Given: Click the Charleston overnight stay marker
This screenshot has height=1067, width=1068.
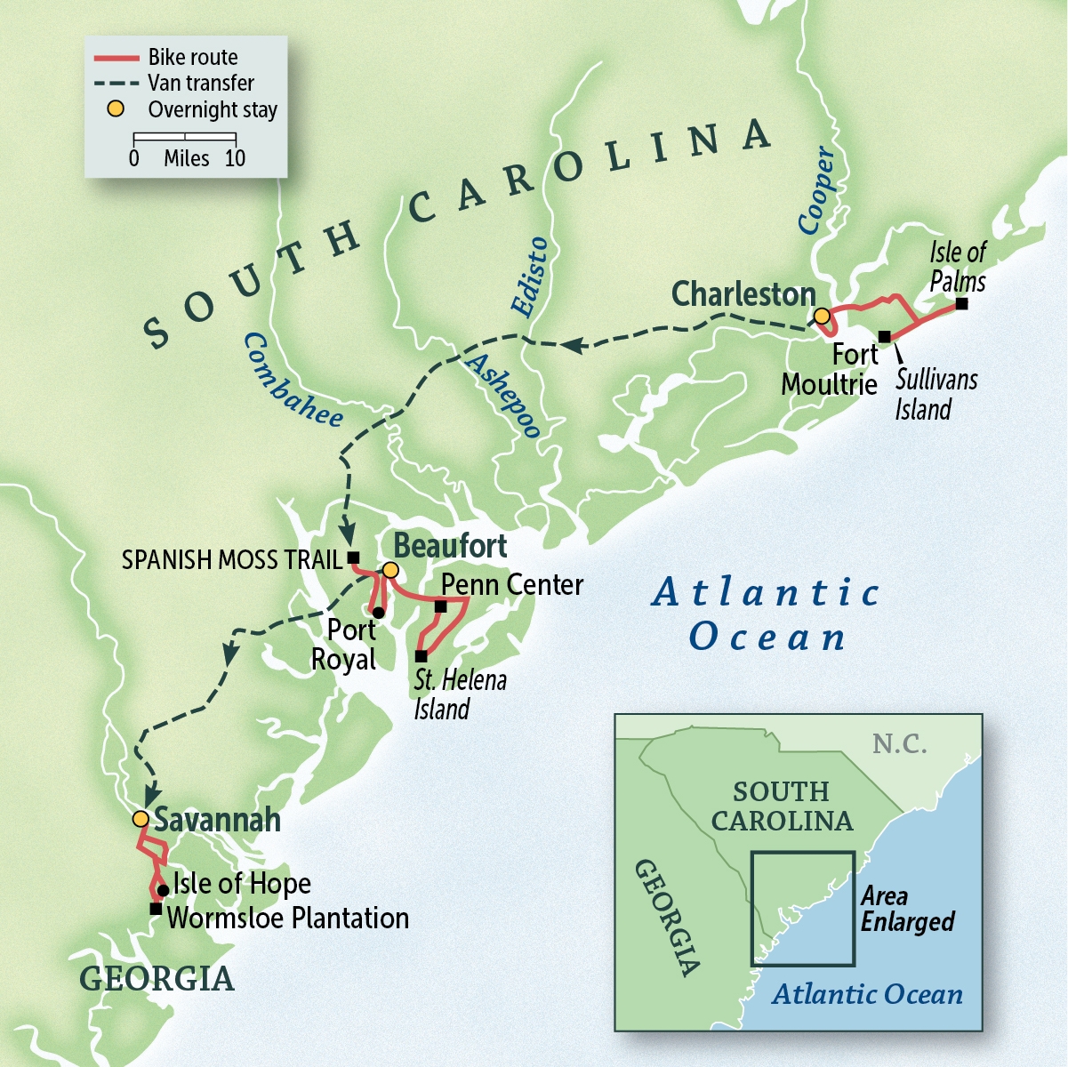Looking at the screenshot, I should (822, 317).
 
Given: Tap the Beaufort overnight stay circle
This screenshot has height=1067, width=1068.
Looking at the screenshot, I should (389, 570).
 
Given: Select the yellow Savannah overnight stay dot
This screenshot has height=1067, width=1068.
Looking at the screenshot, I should (140, 818).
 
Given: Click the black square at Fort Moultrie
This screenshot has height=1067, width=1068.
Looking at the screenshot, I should (884, 336).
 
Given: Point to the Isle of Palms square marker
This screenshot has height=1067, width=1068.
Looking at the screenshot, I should (961, 304).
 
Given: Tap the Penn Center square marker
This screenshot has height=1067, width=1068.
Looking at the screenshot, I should (440, 606).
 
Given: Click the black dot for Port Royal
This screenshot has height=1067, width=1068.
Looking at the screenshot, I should (378, 613).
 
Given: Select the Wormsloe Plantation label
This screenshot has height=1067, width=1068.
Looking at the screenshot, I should (288, 919).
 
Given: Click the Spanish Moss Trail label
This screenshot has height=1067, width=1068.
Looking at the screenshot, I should (231, 559).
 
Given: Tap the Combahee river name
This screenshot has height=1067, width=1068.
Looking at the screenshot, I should (293, 381).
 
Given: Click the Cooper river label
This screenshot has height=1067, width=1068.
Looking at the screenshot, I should (816, 191).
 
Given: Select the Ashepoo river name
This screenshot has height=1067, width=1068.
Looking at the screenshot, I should (503, 396).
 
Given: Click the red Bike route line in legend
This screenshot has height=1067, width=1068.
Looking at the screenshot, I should (116, 59).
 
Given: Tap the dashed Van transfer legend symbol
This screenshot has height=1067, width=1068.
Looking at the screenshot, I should (116, 84).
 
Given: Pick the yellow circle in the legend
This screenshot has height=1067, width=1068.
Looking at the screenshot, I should (116, 109).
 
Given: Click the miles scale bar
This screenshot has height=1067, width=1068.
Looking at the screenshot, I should (184, 138).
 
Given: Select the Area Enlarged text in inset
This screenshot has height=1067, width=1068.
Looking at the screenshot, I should (907, 909).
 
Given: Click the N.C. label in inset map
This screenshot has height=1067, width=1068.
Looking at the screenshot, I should (899, 743).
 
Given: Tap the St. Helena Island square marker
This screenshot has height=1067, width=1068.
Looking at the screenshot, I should (421, 656).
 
